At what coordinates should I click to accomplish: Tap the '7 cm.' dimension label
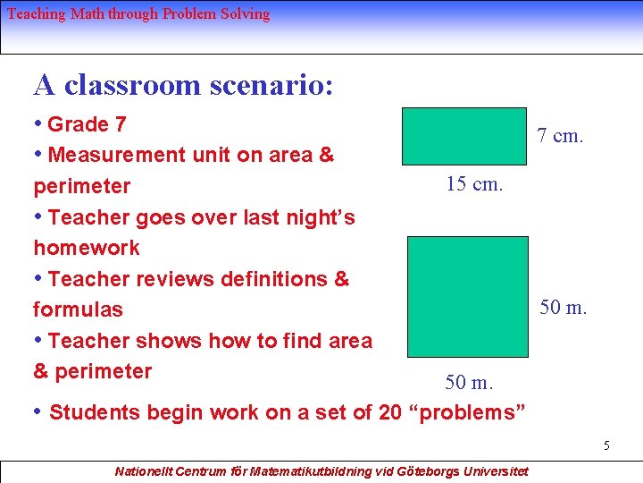point(559,136)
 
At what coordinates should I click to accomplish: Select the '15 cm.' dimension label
point(474,184)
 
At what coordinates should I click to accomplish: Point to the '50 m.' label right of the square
point(563,308)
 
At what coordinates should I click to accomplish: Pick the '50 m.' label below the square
point(469,383)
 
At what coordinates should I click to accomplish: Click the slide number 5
point(605,445)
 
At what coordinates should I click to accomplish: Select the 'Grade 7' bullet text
point(86,124)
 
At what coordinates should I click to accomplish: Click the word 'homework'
point(86,248)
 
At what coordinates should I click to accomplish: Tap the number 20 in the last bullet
point(390,412)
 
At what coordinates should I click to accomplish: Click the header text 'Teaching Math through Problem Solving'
point(138,14)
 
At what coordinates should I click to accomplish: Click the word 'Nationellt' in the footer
point(143,470)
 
